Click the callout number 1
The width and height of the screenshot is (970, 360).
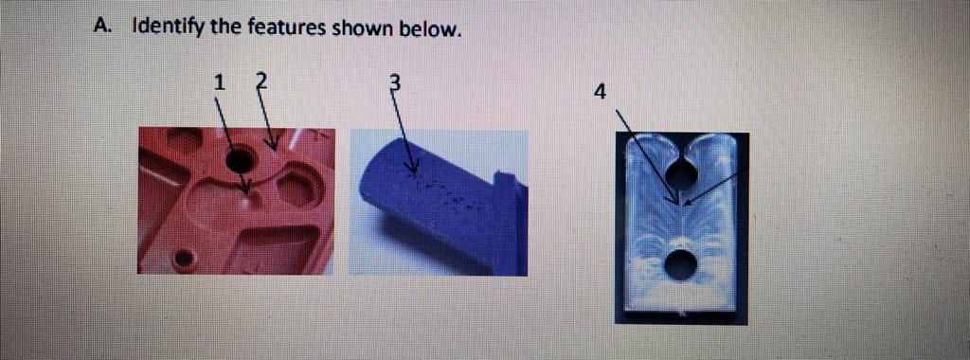[x=219, y=82]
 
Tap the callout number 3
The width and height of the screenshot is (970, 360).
[x=395, y=82]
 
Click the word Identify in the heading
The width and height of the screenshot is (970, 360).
[x=169, y=27]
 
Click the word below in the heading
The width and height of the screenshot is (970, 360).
[x=431, y=28]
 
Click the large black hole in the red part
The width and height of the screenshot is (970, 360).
[x=240, y=158]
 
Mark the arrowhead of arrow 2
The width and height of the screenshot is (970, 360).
[x=275, y=149]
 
